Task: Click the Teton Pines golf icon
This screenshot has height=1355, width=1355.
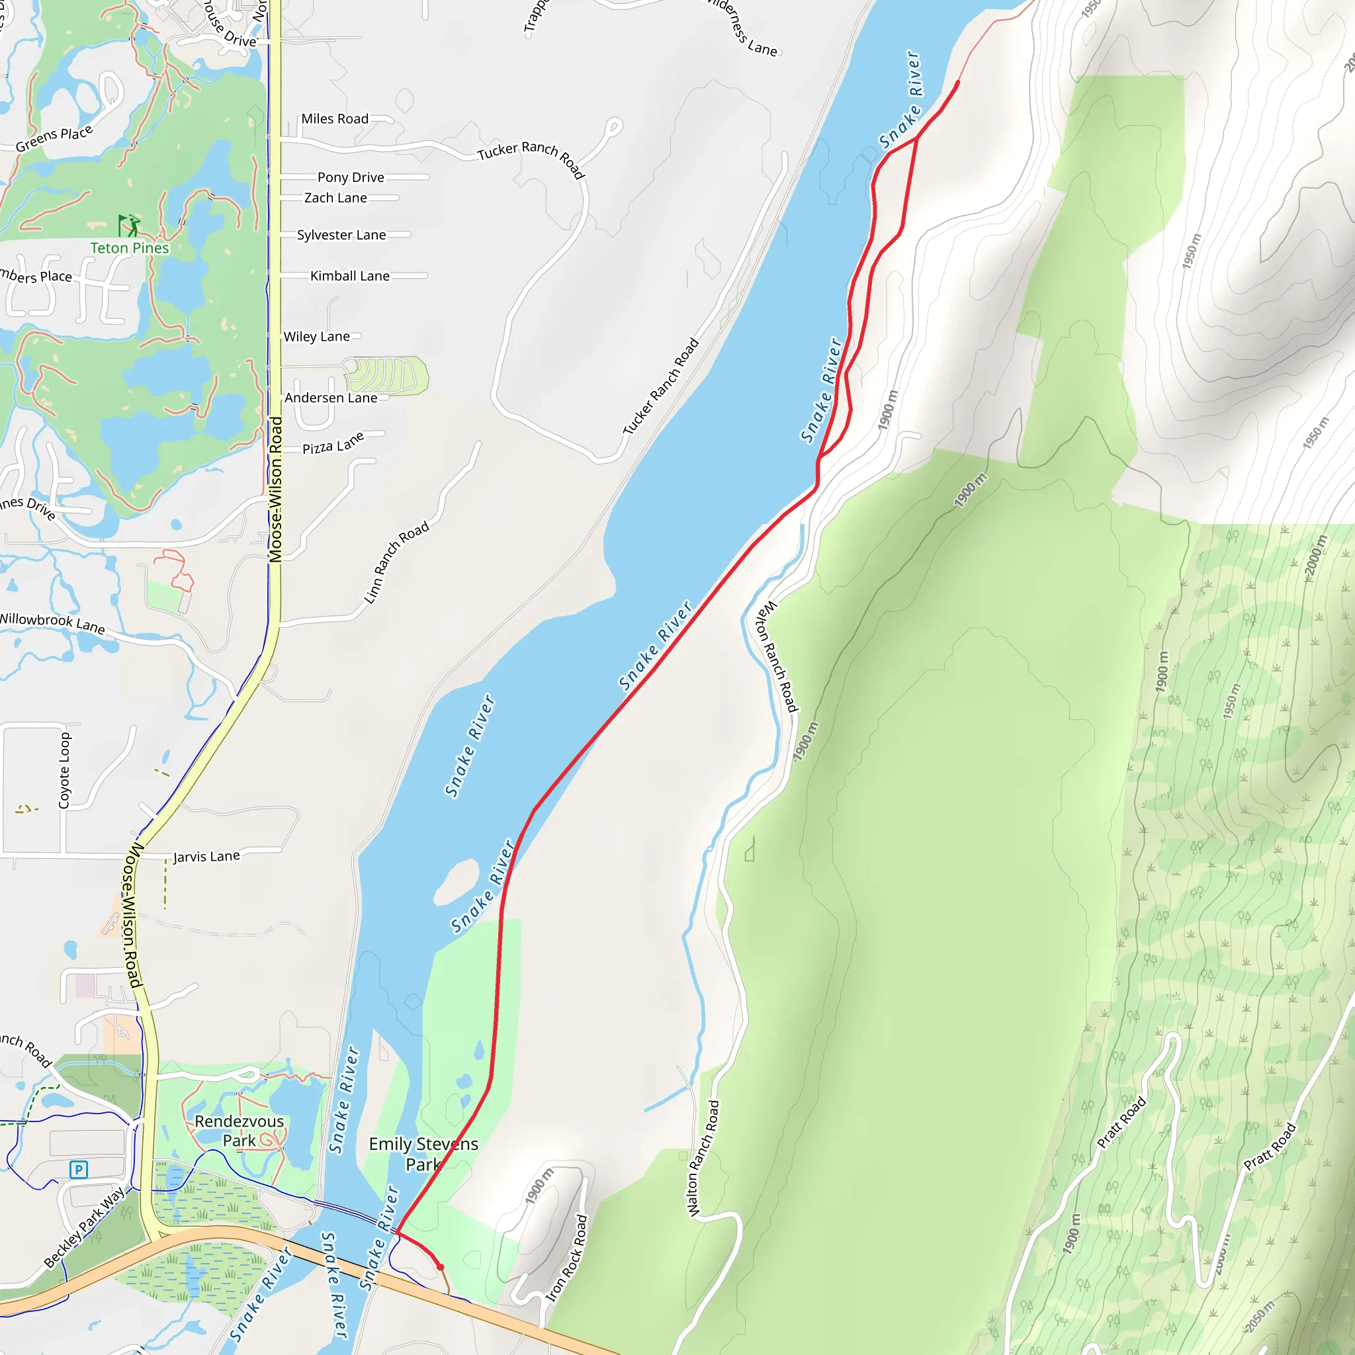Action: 128,225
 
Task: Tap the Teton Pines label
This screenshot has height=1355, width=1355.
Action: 129,248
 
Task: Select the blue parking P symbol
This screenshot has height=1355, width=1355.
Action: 79,1169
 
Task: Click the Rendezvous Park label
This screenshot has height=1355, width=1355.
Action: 239,1131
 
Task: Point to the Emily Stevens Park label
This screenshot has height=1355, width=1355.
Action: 423,1154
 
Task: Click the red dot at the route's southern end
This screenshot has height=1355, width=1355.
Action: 441,1266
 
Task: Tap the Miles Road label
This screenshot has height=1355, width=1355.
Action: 335,119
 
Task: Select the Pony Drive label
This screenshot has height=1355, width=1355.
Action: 351,177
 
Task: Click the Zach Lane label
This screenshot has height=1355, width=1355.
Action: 335,198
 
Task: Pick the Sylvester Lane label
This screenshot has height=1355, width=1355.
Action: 341,235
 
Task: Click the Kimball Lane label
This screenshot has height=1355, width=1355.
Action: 350,277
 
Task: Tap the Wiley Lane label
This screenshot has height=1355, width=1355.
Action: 316,337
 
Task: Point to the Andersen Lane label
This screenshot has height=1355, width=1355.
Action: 330,398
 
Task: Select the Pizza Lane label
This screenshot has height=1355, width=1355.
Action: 333,443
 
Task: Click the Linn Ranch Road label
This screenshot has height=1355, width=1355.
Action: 396,562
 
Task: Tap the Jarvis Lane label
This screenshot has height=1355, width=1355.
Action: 206,856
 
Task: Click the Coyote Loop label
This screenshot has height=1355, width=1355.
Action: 65,770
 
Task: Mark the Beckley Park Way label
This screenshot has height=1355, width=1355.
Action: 84,1227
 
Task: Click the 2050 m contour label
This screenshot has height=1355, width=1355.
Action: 1260,1317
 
